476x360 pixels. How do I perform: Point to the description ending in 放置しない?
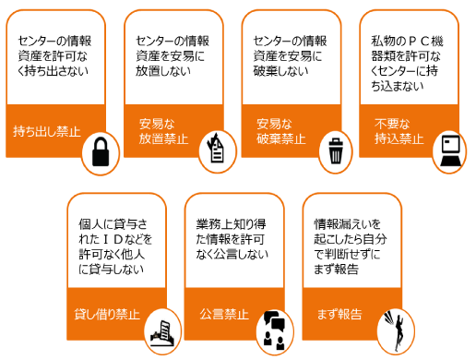(173, 55)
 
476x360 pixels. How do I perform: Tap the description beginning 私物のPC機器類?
(410, 63)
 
